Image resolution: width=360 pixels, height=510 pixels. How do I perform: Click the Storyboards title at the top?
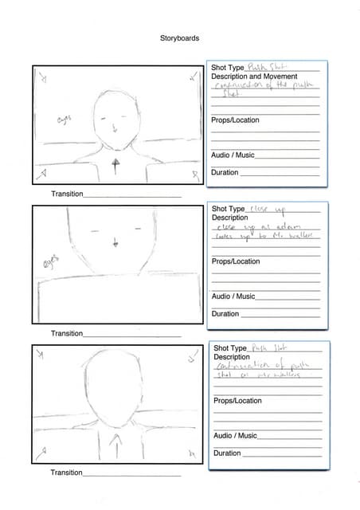point(179,38)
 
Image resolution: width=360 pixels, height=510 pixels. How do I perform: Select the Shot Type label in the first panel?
point(228,68)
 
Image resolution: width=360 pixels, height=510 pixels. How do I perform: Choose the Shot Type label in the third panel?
point(231,348)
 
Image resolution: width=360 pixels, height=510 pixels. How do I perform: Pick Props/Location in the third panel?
point(237,401)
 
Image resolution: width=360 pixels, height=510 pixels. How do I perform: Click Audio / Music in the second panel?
point(233,296)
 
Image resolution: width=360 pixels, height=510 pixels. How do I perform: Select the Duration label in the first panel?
point(225,173)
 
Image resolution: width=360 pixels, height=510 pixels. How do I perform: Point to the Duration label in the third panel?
point(228,453)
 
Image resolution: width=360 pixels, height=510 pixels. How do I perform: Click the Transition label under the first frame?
point(67,194)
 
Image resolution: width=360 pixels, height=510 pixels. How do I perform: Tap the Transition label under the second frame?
point(67,333)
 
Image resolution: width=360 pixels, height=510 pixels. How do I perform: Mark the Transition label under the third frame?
point(67,473)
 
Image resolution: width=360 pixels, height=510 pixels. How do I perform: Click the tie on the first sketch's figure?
point(116,167)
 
